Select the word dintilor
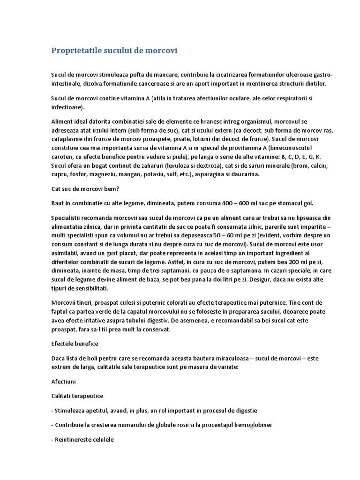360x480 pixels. point(314,84)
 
